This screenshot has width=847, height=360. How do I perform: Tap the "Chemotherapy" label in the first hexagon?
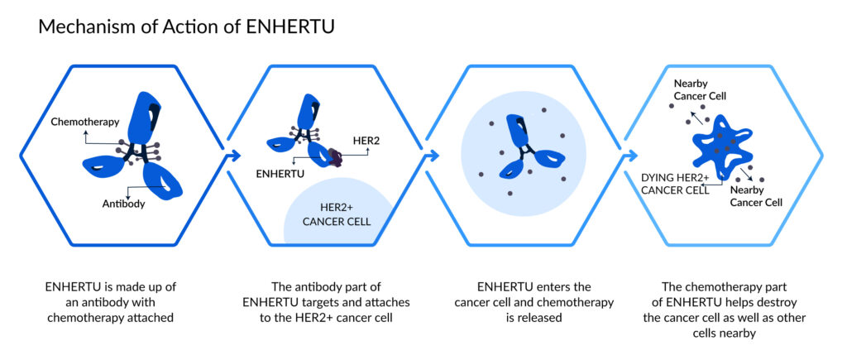coord(85,122)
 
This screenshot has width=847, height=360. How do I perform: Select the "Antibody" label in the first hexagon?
coord(122,204)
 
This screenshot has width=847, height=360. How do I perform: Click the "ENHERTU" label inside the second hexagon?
coord(280,174)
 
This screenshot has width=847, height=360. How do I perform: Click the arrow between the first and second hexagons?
coord(232,156)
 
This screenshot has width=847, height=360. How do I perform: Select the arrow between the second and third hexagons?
coord(432,156)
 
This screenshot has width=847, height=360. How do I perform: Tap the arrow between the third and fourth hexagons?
coord(630,156)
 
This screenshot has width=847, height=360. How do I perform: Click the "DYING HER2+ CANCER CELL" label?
coord(674,183)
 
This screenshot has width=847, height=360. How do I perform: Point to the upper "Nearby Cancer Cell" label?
coord(699,90)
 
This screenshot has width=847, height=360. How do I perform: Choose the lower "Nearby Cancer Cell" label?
coord(756,196)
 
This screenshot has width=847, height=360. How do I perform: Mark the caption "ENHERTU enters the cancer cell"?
coord(534,302)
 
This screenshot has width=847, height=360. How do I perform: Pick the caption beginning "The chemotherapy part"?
coord(725,310)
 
